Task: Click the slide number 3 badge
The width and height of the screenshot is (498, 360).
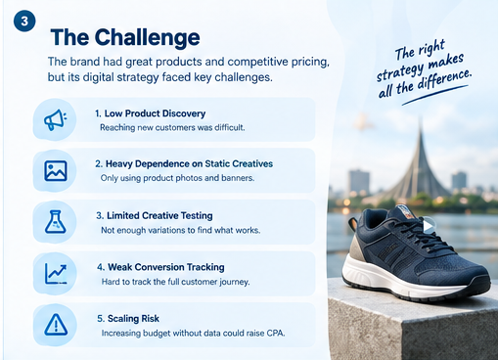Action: click(x=24, y=22)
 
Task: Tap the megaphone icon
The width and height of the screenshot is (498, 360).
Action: click(x=56, y=119)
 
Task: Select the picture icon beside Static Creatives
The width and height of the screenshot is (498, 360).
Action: click(x=56, y=170)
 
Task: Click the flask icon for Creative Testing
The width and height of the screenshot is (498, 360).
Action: click(x=56, y=222)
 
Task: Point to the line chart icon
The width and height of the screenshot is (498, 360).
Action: click(x=56, y=273)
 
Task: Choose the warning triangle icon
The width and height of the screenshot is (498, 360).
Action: click(x=56, y=325)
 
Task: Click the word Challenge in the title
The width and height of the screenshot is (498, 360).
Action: click(x=147, y=38)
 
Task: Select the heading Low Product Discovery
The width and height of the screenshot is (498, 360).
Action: click(x=150, y=113)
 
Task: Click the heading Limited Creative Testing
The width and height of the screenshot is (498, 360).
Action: click(x=155, y=215)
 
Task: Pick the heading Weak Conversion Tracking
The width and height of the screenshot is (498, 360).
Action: click(x=160, y=267)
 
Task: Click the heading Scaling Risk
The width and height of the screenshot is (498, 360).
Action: click(x=128, y=318)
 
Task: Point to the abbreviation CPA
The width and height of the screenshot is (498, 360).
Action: click(x=276, y=334)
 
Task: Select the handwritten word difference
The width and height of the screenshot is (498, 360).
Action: click(x=444, y=79)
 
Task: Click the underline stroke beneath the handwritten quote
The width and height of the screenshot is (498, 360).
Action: click(x=435, y=95)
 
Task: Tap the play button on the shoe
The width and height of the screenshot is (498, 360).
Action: click(x=429, y=225)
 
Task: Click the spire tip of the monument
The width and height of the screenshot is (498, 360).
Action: click(x=421, y=119)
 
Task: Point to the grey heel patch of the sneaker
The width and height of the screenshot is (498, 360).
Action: click(x=356, y=250)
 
